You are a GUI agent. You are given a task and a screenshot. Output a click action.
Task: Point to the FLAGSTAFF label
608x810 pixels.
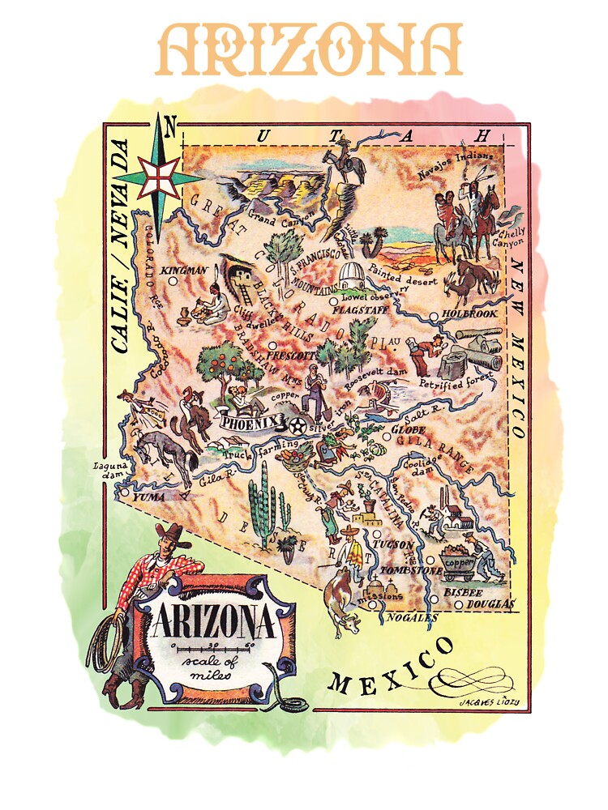pos(358,308)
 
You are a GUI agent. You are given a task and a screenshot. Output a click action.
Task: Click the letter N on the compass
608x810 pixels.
pos(170,126)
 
